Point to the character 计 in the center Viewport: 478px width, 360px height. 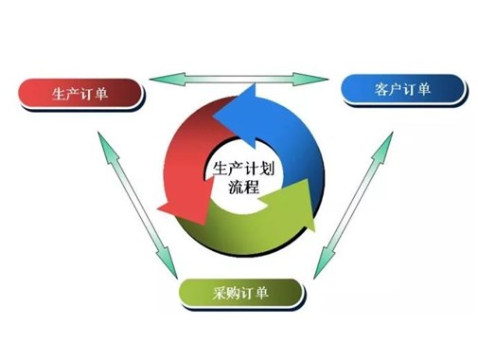click(251, 167)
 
